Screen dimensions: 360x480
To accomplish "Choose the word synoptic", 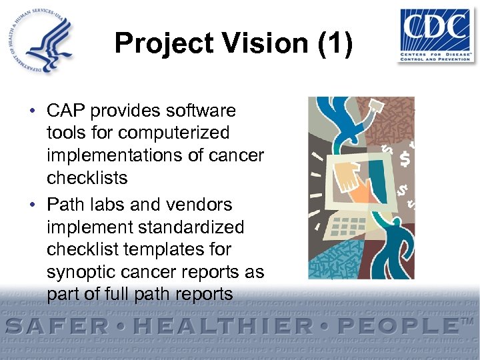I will [x=79, y=272].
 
